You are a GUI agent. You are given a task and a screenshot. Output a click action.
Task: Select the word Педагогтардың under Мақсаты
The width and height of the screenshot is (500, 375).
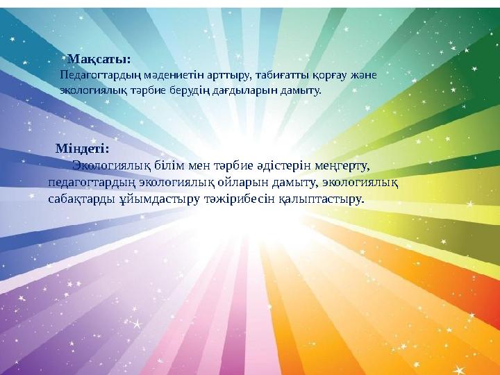[x=92, y=75]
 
